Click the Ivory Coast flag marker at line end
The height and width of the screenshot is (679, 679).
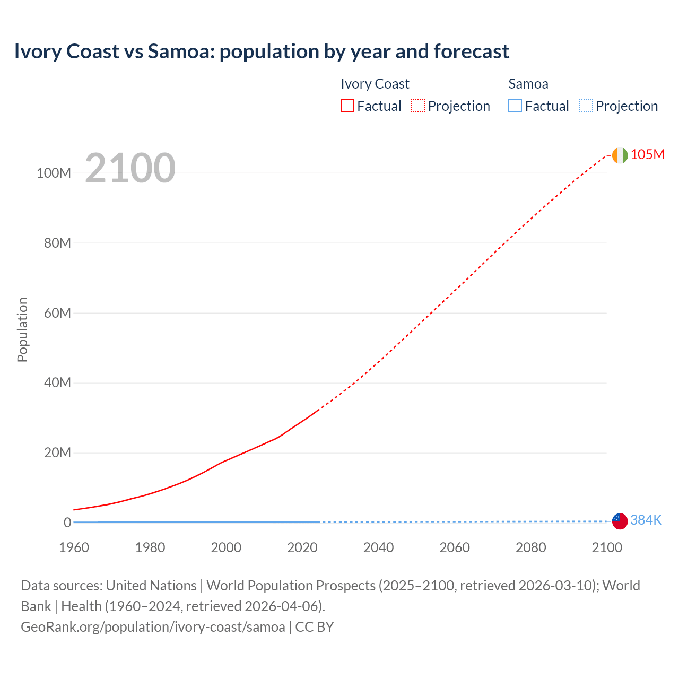pos(620,155)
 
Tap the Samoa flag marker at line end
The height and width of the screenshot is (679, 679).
pos(620,521)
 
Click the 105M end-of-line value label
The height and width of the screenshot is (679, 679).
pos(647,154)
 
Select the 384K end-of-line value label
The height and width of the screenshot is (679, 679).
pos(646,520)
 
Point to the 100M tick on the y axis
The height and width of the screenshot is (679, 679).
pos(54,173)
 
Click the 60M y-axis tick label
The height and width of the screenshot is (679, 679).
pos(57,313)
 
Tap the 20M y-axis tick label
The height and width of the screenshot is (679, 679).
pos(57,452)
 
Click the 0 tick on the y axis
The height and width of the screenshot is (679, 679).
pos(67,523)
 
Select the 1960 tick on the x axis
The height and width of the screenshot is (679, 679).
pos(74,547)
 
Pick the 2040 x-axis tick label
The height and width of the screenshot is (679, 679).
pos(378,547)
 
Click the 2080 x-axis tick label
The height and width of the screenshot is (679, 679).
pos(530,547)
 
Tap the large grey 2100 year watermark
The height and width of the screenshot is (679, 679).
pos(130,168)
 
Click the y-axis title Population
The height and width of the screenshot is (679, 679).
pos(22,329)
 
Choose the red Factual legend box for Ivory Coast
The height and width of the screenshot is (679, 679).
pos(347,106)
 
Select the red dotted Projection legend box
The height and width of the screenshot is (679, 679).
pos(418,106)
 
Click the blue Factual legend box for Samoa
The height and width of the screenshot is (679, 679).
pos(515,106)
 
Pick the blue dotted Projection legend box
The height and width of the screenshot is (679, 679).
pos(586,106)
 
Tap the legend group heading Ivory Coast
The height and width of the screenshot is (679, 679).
pos(375,84)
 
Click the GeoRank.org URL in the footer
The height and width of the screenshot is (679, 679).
pos(153,627)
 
